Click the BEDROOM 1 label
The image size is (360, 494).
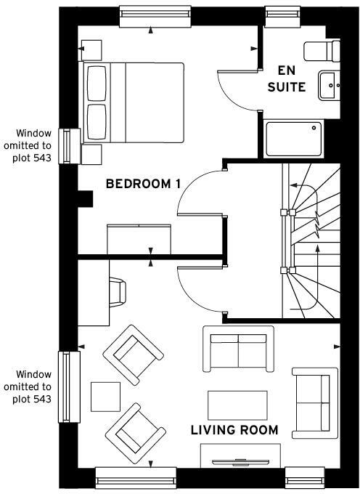pyautogui.click(x=143, y=184)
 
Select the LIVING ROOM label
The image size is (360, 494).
pyautogui.click(x=234, y=430)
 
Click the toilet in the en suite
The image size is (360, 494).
pyautogui.click(x=321, y=50)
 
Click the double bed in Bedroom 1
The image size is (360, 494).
pyautogui.click(x=134, y=102)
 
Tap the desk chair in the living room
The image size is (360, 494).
pyautogui.click(x=118, y=292)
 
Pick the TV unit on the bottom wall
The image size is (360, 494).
pyautogui.click(x=240, y=455)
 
